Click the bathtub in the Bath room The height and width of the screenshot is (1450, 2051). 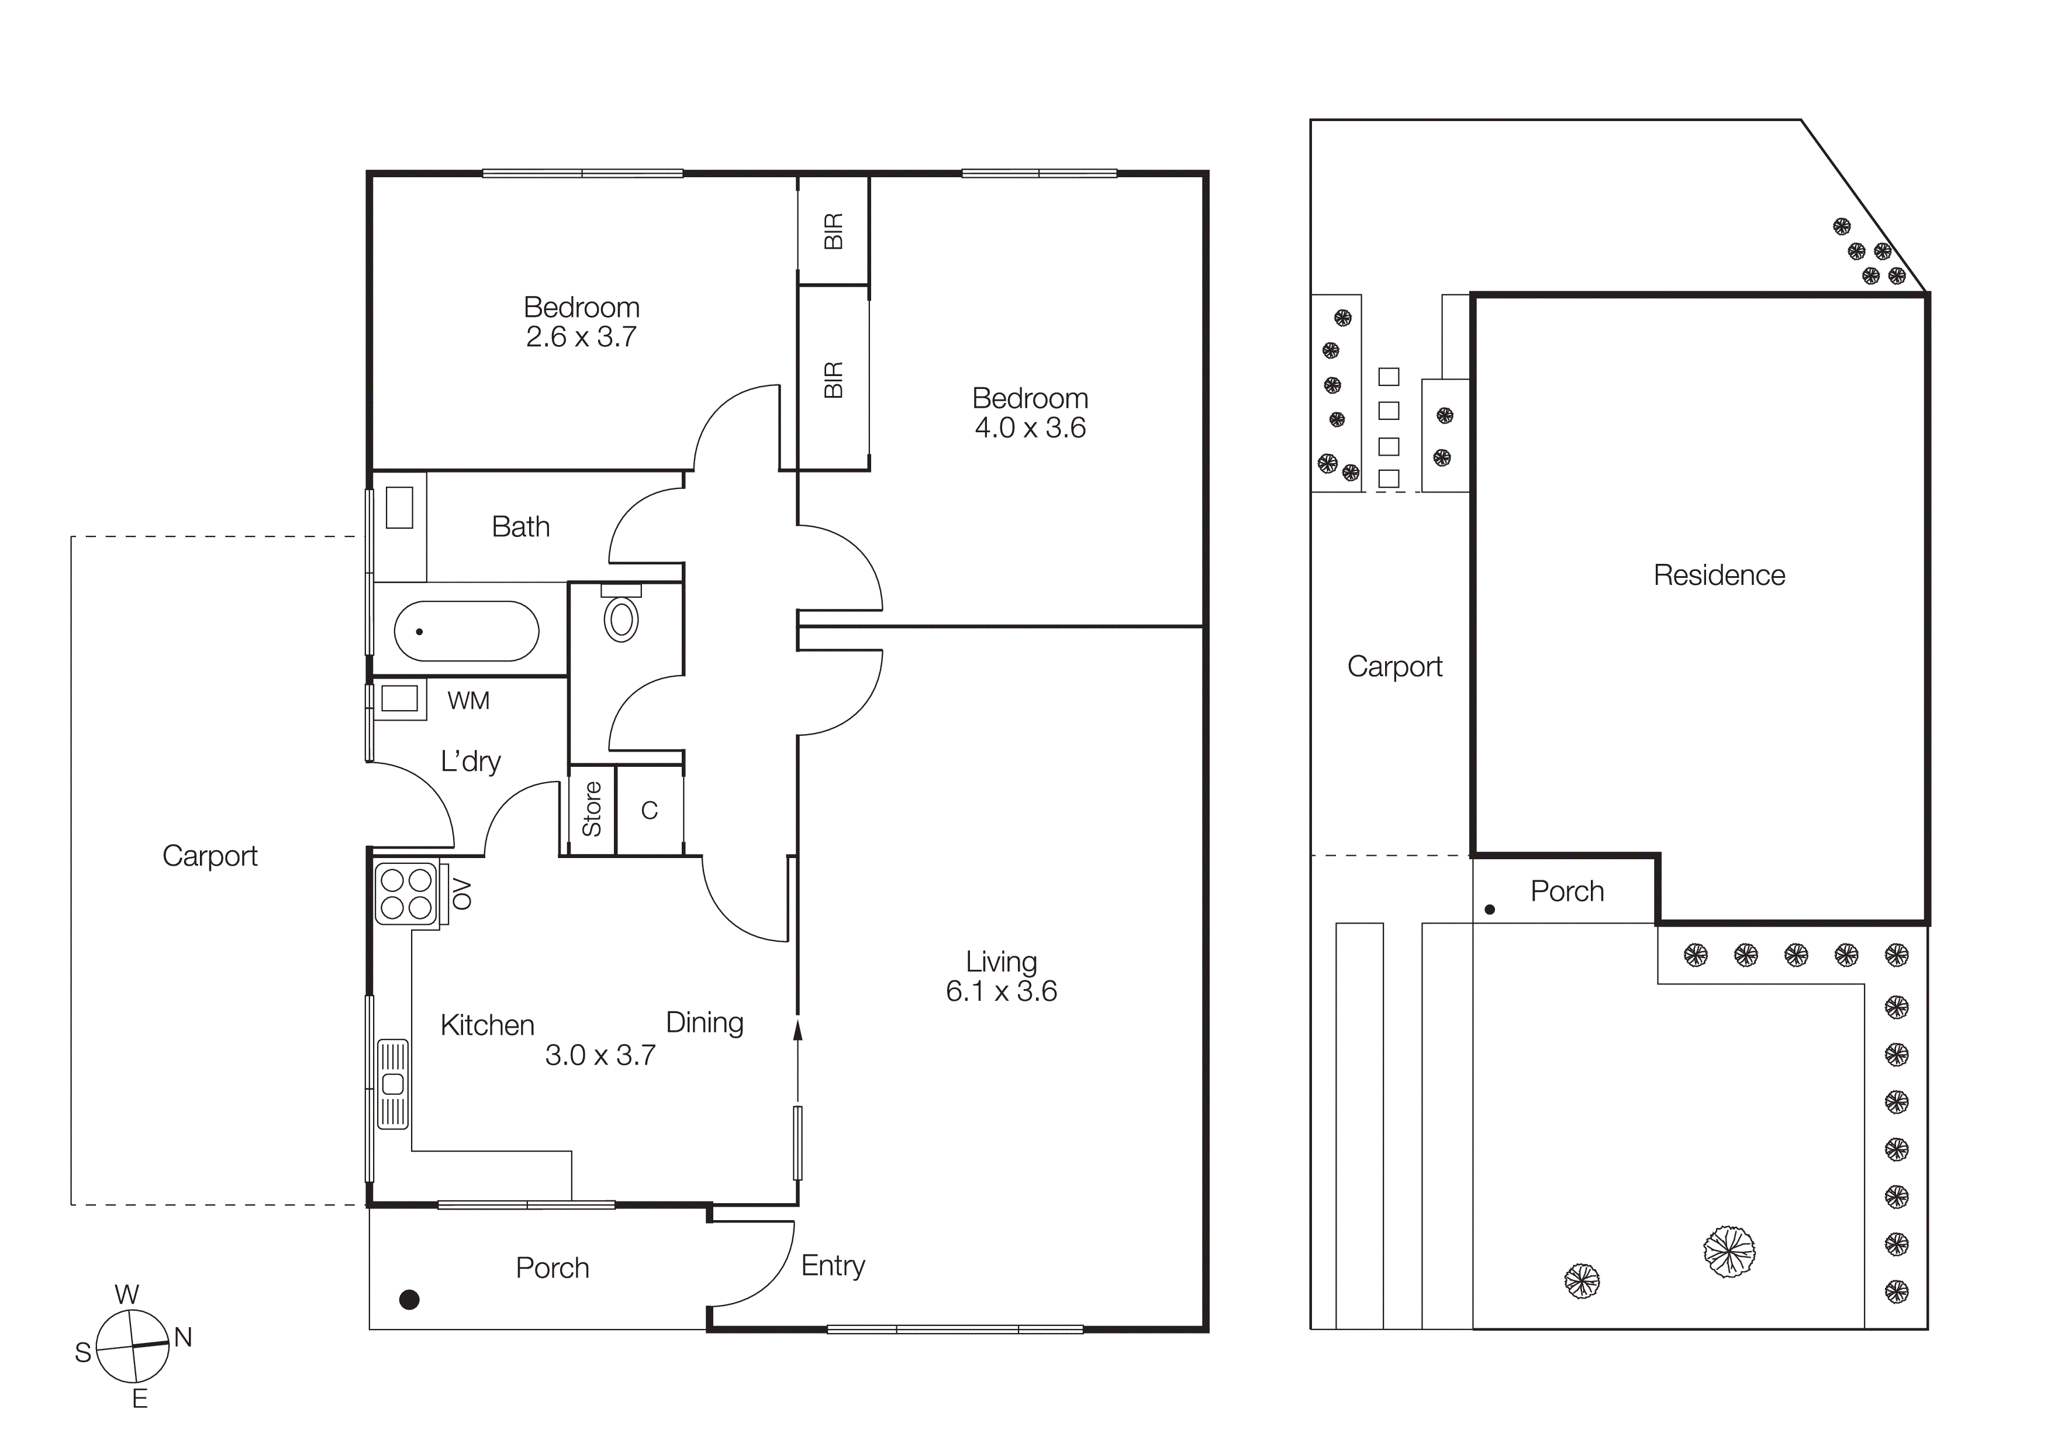467,631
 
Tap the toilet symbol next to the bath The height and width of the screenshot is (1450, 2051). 621,616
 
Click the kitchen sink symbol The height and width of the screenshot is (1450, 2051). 393,1084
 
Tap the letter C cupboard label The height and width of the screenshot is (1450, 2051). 650,810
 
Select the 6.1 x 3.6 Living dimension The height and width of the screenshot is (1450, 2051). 1002,991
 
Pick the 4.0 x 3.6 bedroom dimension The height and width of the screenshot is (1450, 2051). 1030,428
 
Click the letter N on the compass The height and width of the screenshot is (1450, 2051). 183,1338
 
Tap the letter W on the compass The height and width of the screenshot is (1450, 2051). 127,1294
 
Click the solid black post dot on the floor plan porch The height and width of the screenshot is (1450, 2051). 409,1300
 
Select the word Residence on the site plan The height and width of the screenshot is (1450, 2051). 1719,576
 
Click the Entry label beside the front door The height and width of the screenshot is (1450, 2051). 833,1265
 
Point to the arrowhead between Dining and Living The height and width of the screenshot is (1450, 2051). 797,1030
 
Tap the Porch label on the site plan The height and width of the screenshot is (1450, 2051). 1567,891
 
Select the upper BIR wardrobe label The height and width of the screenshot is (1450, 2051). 834,232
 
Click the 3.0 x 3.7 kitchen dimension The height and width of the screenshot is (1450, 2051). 600,1055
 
